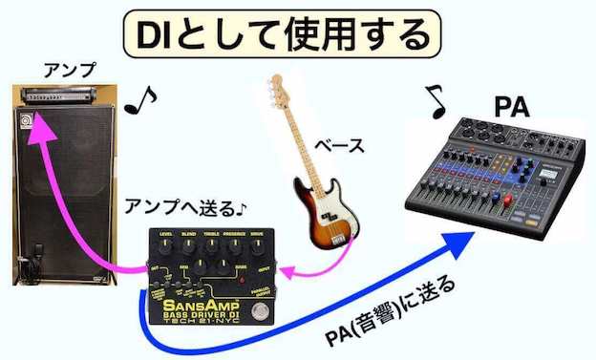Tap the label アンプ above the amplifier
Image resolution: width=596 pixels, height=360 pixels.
pos(69,70)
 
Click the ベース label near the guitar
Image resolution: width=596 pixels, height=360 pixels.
pos(339,146)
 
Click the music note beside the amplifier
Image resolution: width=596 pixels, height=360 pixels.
pos(140,98)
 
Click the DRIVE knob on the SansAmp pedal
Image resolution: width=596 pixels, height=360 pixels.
pos(255,243)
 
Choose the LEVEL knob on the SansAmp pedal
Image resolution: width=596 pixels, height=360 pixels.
pos(166,244)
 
